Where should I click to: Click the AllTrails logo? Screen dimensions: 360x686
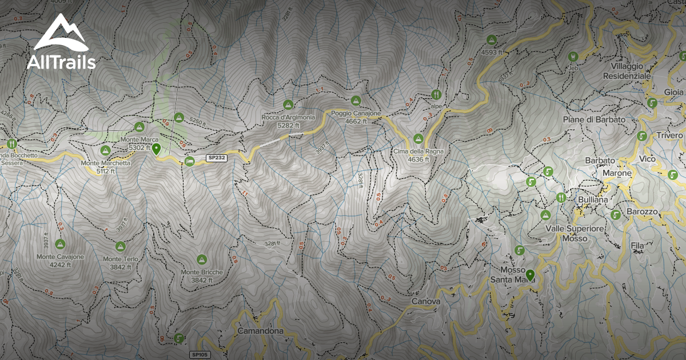pyautogui.click(x=61, y=42)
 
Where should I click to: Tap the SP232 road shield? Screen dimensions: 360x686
pyautogui.click(x=217, y=158)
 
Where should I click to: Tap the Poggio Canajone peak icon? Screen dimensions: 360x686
pyautogui.click(x=356, y=101)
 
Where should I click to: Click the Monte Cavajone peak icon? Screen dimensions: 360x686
pyautogui.click(x=60, y=244)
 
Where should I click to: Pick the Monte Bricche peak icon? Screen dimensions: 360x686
pyautogui.click(x=201, y=259)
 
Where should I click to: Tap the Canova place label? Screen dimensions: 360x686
pyautogui.click(x=425, y=301)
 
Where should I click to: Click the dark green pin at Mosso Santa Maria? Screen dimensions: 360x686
pyautogui.click(x=531, y=275)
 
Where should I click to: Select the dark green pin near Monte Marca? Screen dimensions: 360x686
pyautogui.click(x=156, y=150)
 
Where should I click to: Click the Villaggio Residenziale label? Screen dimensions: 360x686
pyautogui.click(x=627, y=71)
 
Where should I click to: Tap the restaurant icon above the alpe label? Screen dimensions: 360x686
pyautogui.click(x=436, y=94)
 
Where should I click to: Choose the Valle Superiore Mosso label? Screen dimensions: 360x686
pyautogui.click(x=574, y=233)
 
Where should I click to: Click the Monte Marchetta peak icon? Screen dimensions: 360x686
pyautogui.click(x=105, y=151)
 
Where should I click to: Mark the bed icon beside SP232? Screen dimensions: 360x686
pyautogui.click(x=190, y=162)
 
